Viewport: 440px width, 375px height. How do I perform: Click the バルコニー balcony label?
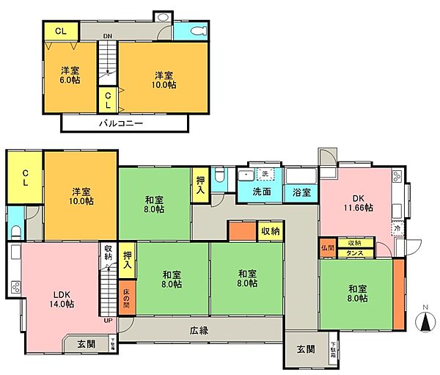[121, 123]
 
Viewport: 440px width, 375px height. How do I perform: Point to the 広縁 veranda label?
[198, 330]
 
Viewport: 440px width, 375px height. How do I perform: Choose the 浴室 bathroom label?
[301, 192]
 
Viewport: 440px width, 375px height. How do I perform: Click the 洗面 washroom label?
[262, 192]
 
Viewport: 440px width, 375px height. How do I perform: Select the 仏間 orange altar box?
[327, 247]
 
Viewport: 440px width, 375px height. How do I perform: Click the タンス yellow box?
[355, 252]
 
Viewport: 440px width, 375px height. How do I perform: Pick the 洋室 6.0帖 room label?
[71, 76]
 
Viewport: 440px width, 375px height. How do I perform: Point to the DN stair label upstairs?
[107, 35]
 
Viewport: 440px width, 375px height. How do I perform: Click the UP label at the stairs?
[109, 321]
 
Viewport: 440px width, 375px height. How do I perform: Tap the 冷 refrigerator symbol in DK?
[397, 228]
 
